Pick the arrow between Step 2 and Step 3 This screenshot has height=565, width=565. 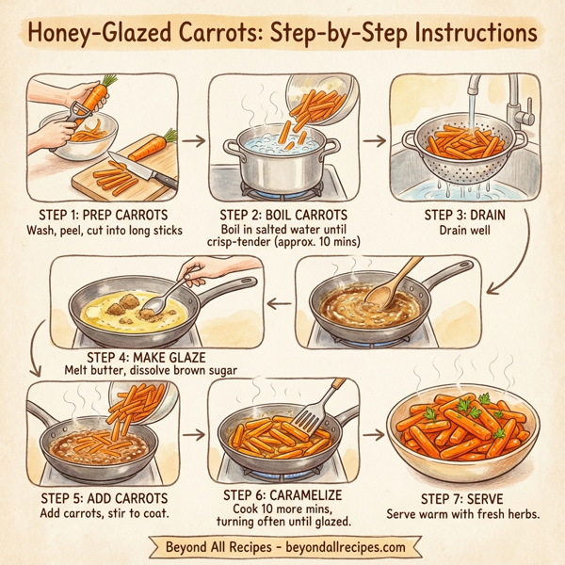pyautogui.click(x=374, y=141)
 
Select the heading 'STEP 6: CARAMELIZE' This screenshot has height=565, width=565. pyautogui.click(x=283, y=493)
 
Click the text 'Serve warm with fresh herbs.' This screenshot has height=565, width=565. pyautogui.click(x=462, y=514)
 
